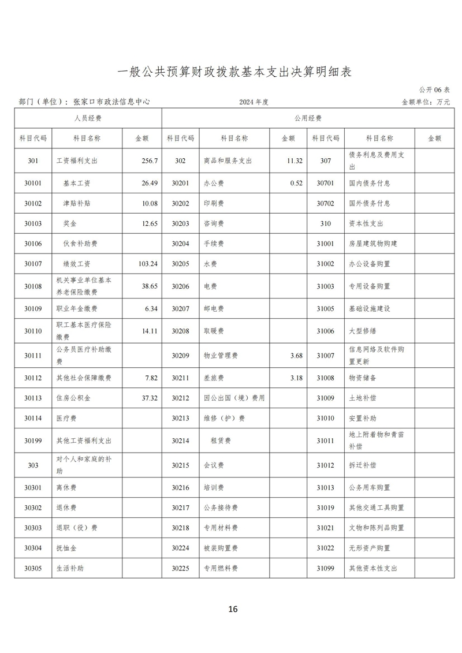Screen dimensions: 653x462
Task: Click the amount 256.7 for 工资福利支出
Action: [x=149, y=161]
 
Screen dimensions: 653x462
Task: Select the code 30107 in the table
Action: [x=33, y=264]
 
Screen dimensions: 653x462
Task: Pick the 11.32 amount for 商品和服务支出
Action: [x=294, y=161]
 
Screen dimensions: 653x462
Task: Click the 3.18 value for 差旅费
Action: [x=296, y=378]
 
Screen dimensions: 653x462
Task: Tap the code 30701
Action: [x=325, y=183]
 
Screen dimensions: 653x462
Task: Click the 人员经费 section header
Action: [x=88, y=118]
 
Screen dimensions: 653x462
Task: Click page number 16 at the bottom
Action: [x=233, y=609]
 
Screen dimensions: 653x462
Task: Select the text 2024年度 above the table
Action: [x=254, y=102]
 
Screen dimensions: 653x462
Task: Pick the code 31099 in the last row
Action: [x=325, y=568]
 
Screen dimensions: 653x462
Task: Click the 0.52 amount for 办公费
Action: [x=296, y=183]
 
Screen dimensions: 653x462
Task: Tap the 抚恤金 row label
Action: [x=66, y=548]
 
